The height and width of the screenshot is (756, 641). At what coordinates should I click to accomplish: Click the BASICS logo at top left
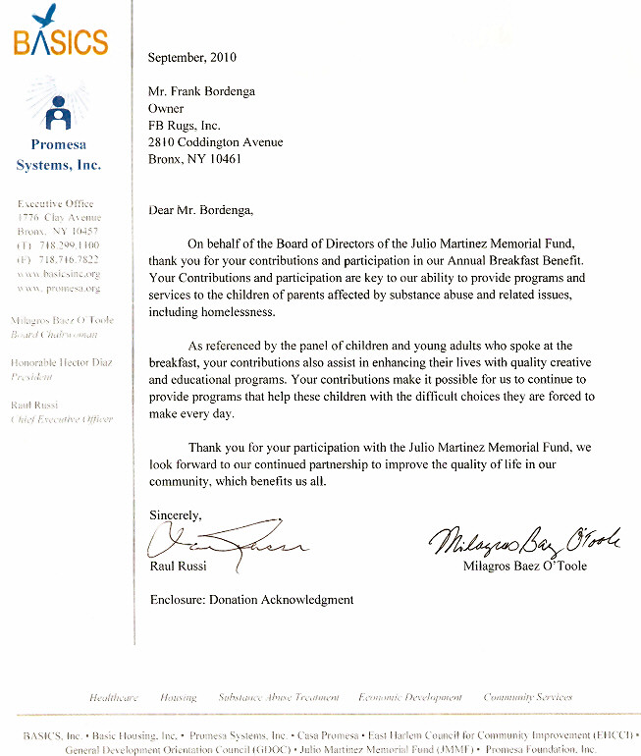[x=60, y=35]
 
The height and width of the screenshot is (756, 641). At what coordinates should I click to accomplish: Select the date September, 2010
[x=192, y=58]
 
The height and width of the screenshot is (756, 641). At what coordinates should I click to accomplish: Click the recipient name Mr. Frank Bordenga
[x=202, y=92]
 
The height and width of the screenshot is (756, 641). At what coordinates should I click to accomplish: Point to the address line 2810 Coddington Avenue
[x=215, y=142]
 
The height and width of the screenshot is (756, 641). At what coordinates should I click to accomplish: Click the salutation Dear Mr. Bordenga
[x=199, y=209]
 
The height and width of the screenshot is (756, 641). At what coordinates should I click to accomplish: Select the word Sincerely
[x=175, y=514]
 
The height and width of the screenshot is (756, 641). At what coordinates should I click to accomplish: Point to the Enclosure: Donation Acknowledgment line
[x=250, y=599]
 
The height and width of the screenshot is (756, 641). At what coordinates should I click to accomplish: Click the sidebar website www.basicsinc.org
[x=59, y=274]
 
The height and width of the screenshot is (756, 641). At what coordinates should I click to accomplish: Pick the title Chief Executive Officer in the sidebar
[x=61, y=419]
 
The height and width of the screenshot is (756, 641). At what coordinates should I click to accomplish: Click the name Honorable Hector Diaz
[x=61, y=362]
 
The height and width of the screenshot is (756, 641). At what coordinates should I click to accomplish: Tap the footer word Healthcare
[x=114, y=697]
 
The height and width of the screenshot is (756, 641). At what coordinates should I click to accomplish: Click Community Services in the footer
[x=527, y=697]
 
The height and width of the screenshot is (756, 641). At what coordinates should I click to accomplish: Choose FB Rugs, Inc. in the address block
[x=185, y=126]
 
